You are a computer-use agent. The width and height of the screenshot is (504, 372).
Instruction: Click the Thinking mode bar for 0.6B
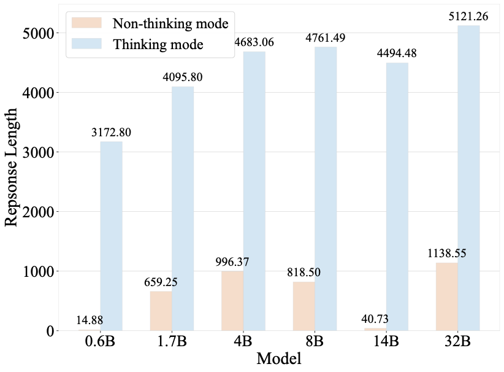coord(112,236)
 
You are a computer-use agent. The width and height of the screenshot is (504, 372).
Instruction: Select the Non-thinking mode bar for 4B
coord(232,301)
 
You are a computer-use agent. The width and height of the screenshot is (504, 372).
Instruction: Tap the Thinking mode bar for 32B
coord(468,178)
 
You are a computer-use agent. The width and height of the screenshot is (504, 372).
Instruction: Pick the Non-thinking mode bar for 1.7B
coord(161,311)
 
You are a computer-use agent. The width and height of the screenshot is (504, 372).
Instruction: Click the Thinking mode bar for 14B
coord(397,196)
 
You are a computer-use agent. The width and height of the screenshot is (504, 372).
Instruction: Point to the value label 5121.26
coord(468,17)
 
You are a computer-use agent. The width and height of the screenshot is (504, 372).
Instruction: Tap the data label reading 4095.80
coord(182,77)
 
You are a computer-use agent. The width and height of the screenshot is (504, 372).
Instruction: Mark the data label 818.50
coord(304,272)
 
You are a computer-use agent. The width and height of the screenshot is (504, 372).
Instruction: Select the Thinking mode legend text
coord(158,45)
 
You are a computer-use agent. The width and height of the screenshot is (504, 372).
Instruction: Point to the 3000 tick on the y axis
coord(37,152)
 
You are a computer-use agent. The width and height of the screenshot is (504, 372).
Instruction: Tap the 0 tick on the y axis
coord(50,331)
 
